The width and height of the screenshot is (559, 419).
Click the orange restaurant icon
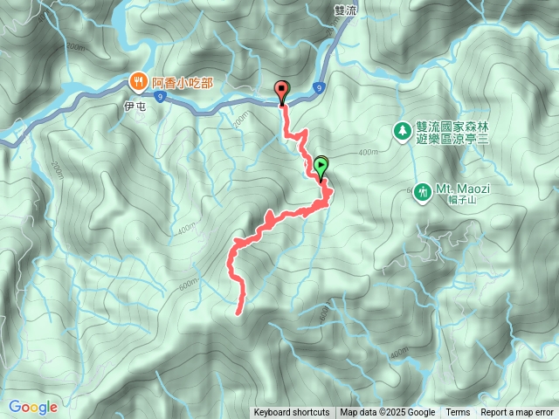[x=139, y=82]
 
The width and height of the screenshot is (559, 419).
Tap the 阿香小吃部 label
[x=182, y=82]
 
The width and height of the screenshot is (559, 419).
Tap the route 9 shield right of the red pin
[x=320, y=87]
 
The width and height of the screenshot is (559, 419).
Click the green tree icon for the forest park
[x=402, y=131]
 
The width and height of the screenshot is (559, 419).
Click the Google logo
[x=33, y=407]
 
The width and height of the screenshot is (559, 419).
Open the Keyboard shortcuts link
[x=292, y=413]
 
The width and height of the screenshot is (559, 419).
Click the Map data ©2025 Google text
[x=388, y=413]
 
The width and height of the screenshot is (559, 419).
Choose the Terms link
[x=458, y=413]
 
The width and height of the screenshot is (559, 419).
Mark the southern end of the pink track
[x=239, y=310]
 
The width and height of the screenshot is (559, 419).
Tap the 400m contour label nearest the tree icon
[x=368, y=153]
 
